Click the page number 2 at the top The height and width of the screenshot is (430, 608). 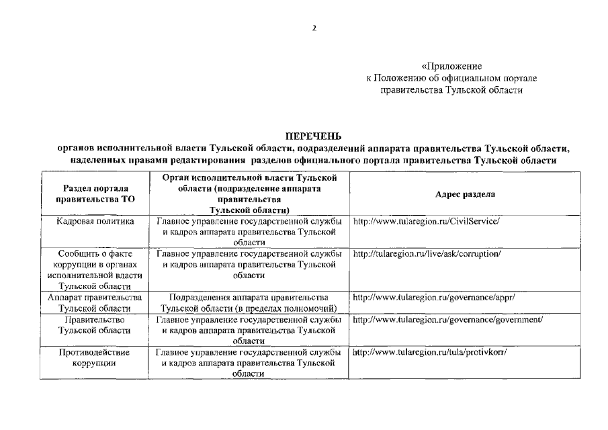(313, 28)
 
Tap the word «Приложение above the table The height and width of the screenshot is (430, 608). (451, 67)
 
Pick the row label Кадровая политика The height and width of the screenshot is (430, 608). (96, 220)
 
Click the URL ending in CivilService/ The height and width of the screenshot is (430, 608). (427, 220)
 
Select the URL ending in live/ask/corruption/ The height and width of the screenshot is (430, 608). (427, 253)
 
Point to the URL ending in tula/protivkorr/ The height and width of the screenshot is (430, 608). (429, 352)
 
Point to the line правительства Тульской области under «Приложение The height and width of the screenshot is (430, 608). (451, 89)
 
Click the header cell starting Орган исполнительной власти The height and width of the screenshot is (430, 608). (248, 193)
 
